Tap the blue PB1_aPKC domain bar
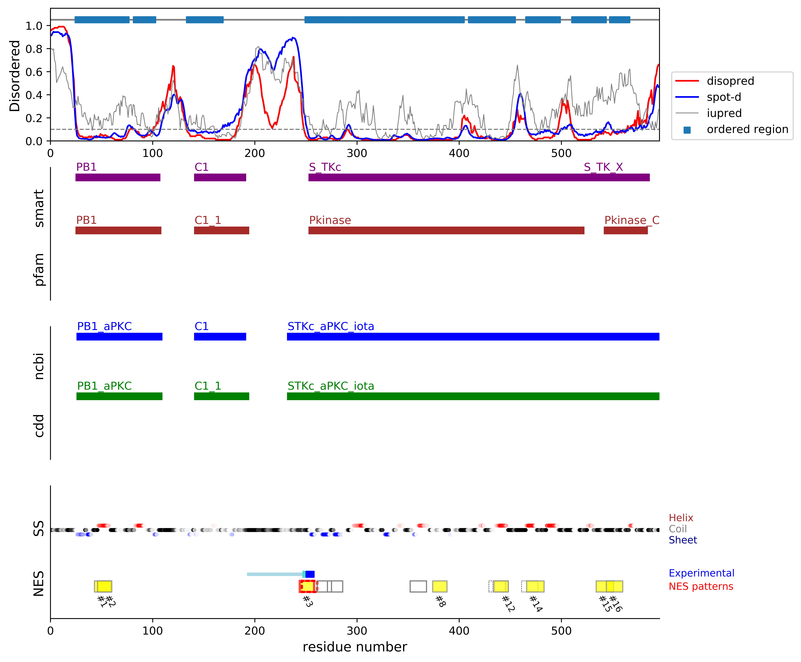[x=119, y=336]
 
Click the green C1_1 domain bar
[x=221, y=396]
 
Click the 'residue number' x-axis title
[x=355, y=647]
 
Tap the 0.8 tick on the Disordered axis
[x=34, y=49]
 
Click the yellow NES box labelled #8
[x=439, y=586]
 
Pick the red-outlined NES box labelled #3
[x=307, y=586]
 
